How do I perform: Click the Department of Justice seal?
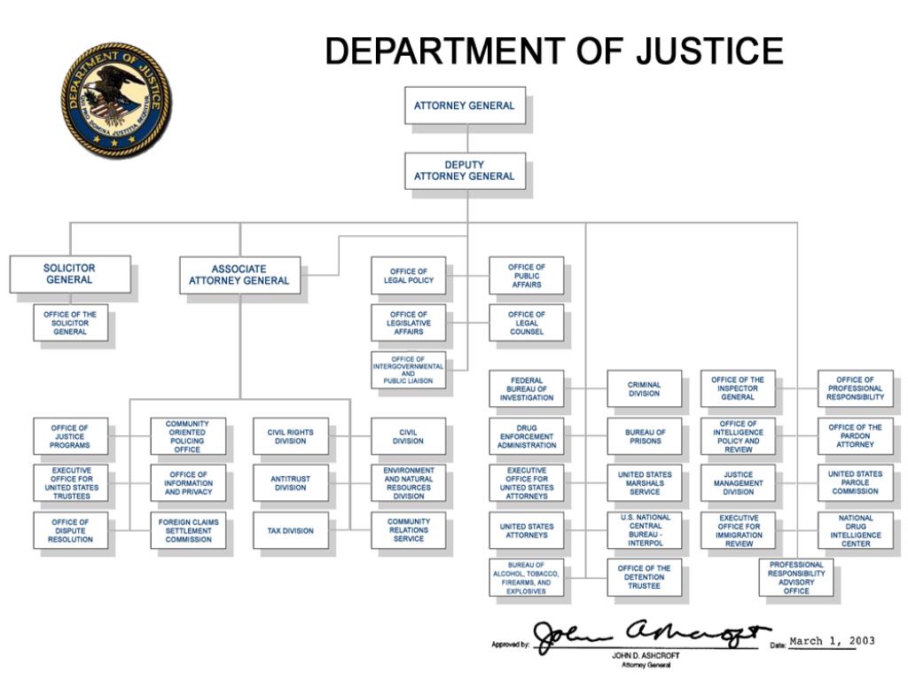(x=116, y=100)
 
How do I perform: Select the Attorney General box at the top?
(x=465, y=106)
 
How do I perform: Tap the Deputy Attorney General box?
(x=465, y=171)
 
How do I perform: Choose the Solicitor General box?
(x=70, y=274)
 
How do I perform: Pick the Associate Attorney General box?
(x=239, y=275)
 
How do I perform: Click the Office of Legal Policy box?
(x=408, y=276)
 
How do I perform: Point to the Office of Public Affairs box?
(x=526, y=276)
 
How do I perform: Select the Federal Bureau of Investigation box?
(x=526, y=388)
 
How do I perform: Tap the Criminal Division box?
(x=645, y=388)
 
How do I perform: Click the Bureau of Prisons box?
(x=645, y=436)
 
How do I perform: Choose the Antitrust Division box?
(x=290, y=483)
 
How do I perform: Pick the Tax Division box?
(x=290, y=530)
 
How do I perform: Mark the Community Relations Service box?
(x=408, y=530)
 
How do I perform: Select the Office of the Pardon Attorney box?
(x=855, y=436)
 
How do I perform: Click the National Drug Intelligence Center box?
(x=855, y=530)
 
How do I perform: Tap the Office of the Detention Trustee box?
(x=645, y=577)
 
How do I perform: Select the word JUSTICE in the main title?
(x=709, y=51)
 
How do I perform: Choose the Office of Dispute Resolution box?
(x=70, y=530)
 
